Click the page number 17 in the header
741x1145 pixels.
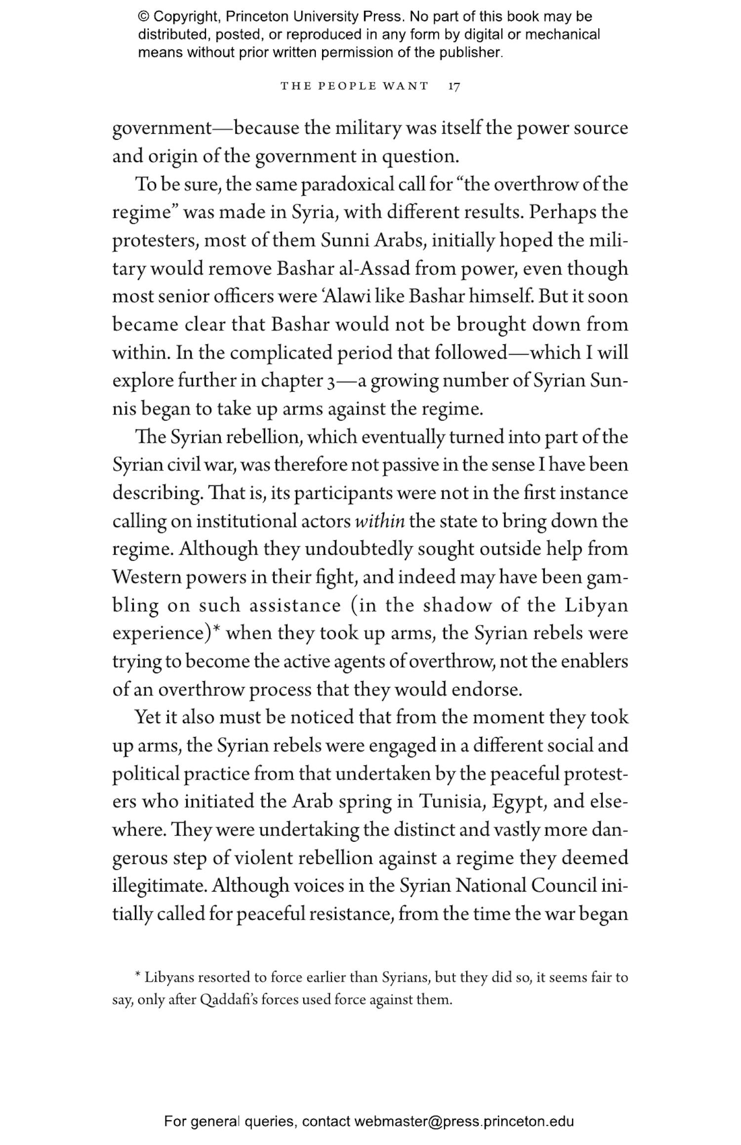[454, 86]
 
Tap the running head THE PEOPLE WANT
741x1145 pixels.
[354, 86]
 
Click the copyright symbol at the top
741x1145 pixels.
[143, 17]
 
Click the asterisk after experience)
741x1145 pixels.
[216, 631]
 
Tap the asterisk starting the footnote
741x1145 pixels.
[138, 978]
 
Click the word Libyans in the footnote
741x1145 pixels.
[169, 978]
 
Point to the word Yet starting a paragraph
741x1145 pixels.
[149, 717]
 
